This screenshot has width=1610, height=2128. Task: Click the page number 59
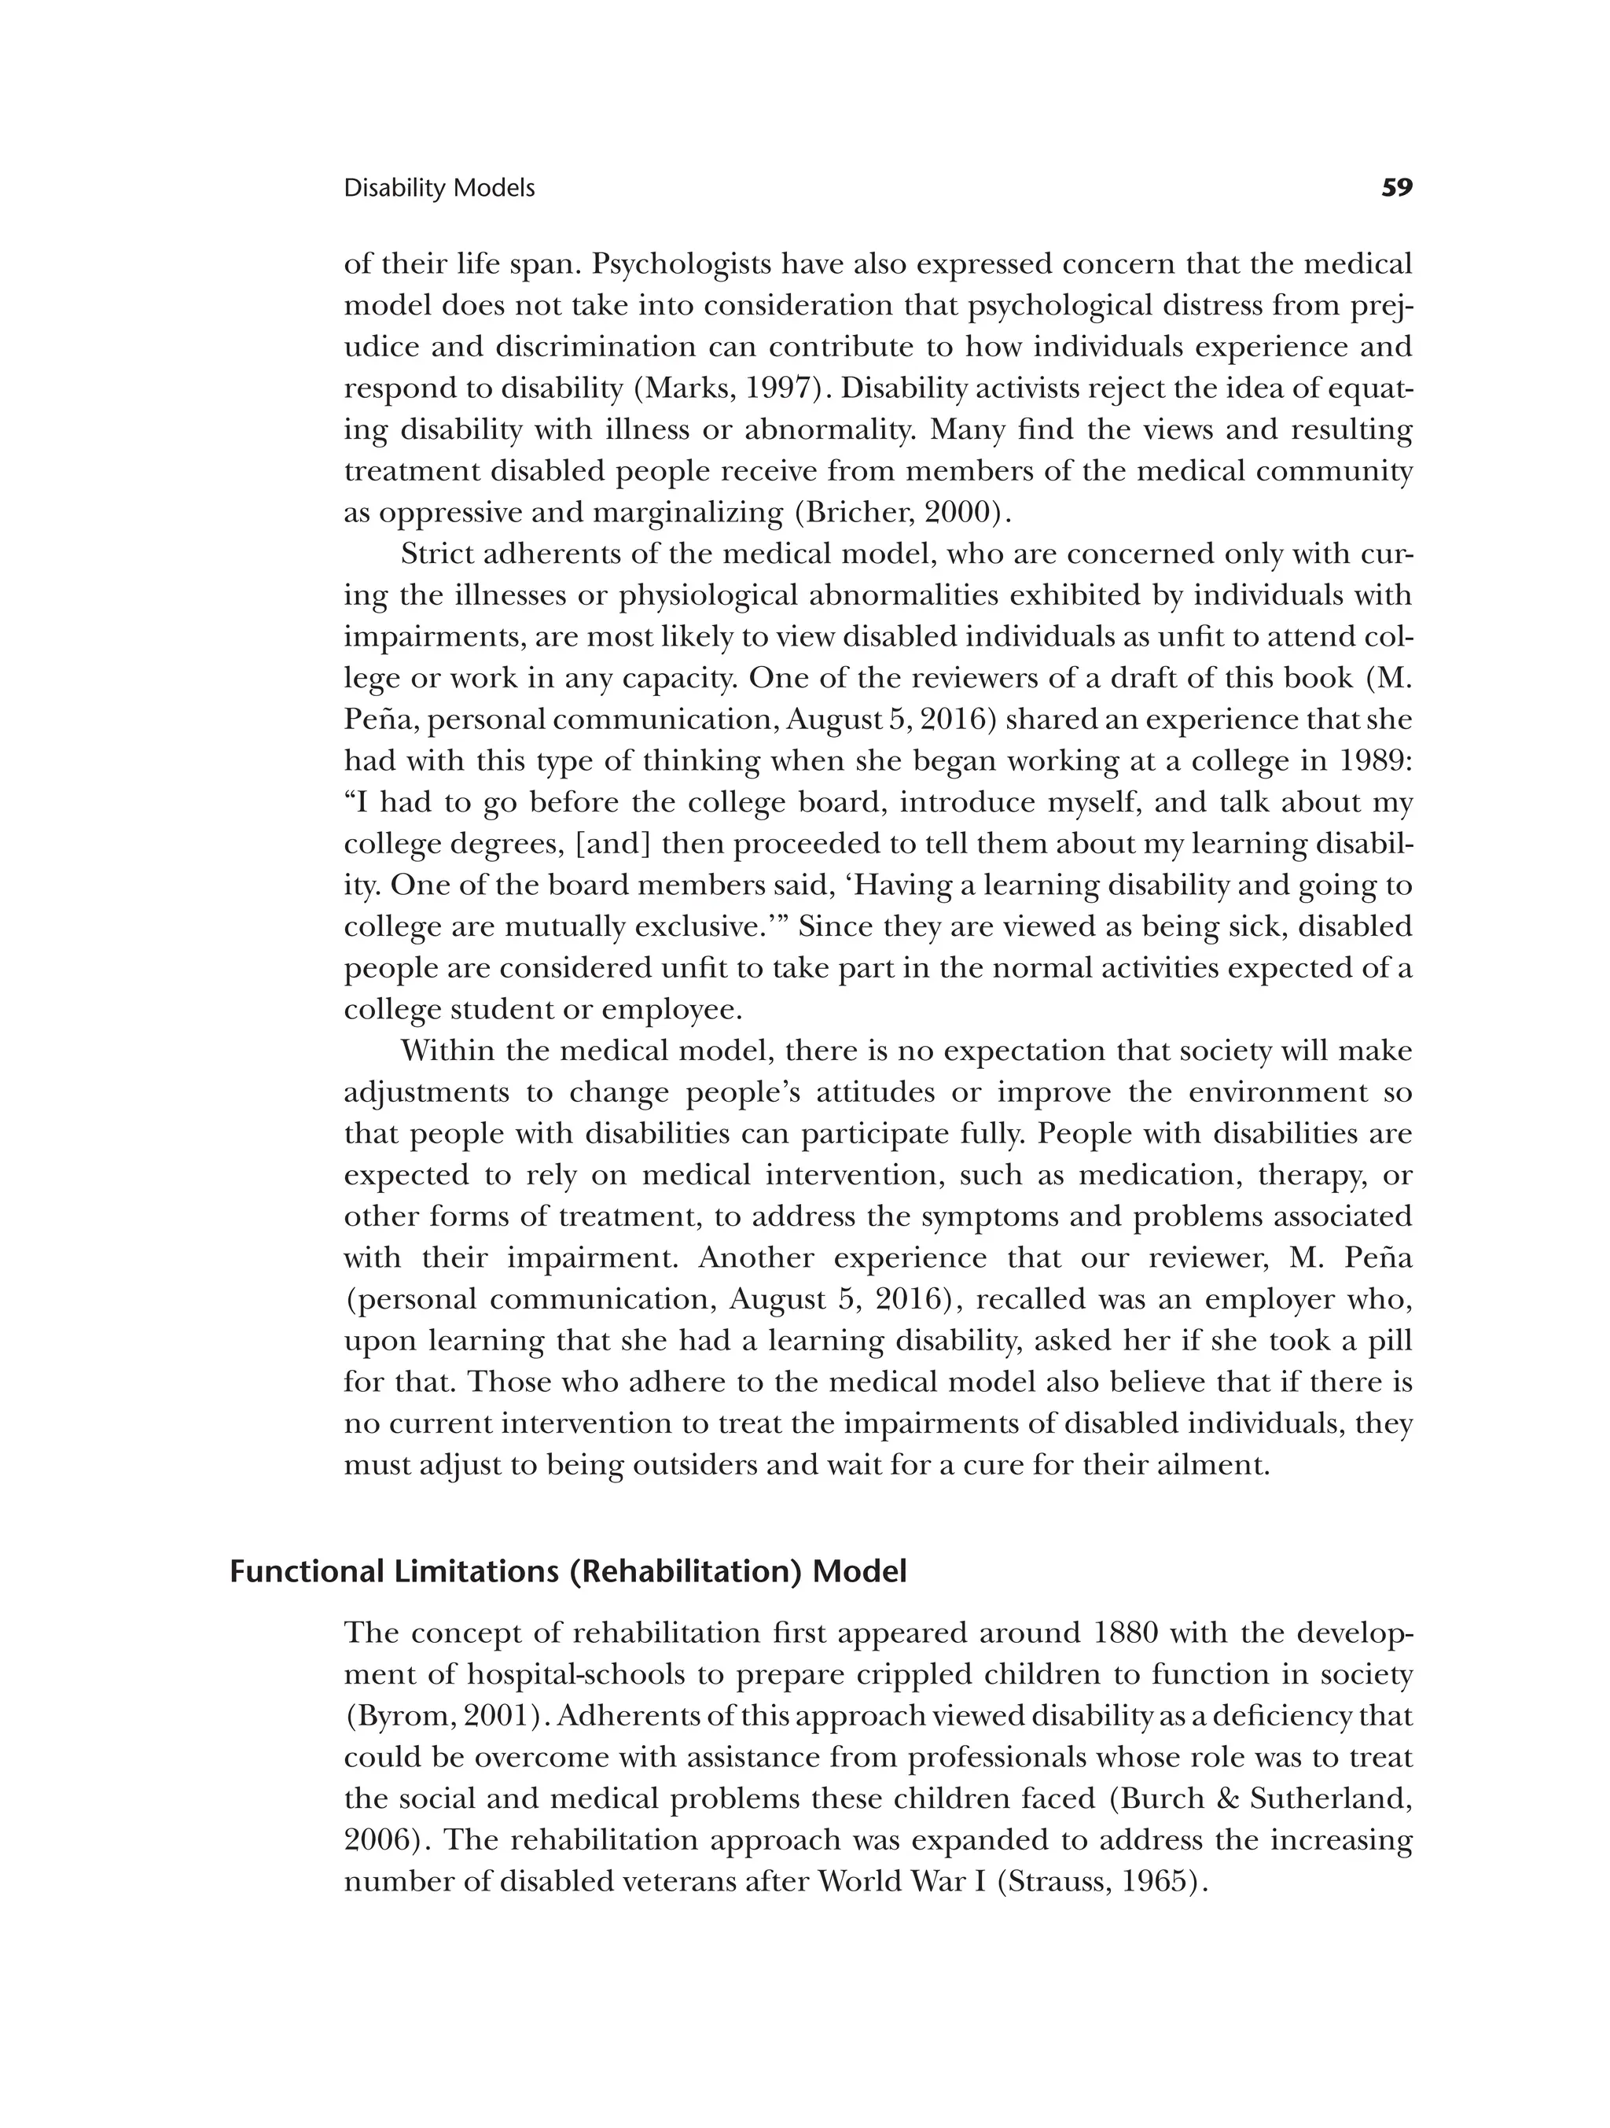pyautogui.click(x=1396, y=188)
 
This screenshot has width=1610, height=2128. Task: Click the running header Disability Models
pyautogui.click(x=439, y=189)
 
